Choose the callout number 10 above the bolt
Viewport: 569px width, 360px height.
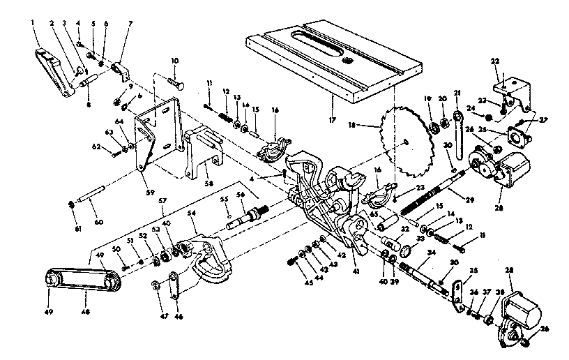174,61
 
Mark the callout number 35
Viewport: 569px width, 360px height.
454,270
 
